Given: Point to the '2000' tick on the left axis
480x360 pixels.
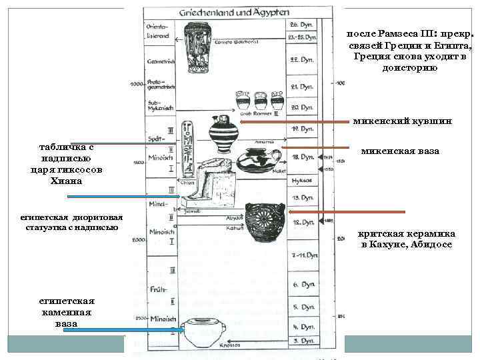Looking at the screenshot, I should coord(137,239).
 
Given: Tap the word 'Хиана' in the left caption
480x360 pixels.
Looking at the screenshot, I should coord(71,180).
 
